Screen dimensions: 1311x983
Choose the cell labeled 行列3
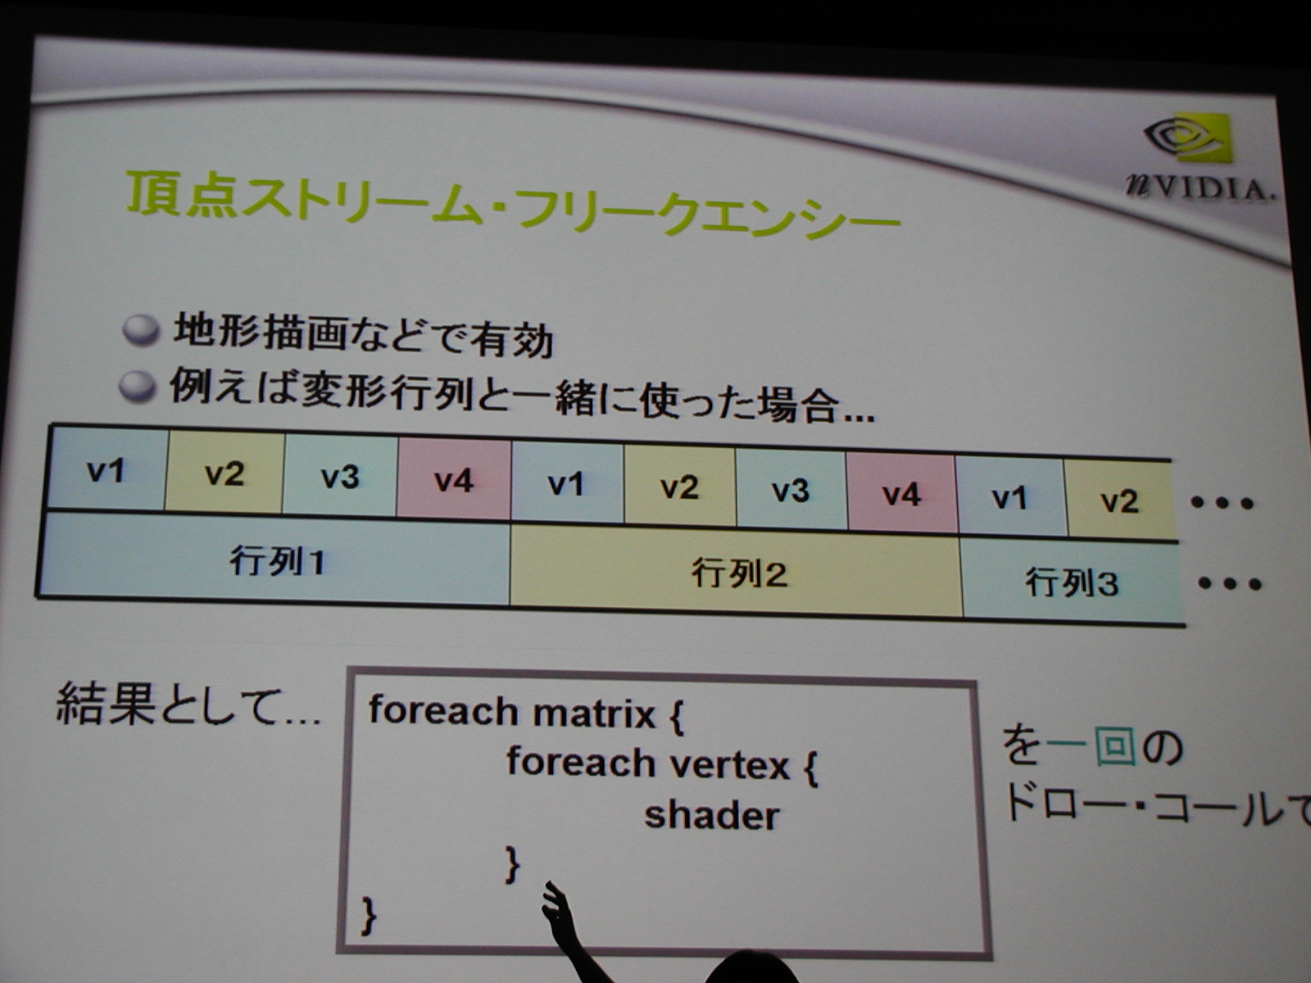(1072, 582)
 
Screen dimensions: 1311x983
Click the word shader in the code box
(711, 815)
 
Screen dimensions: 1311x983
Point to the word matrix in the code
(594, 713)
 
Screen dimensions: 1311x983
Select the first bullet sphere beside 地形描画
(141, 330)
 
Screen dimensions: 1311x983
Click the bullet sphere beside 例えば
(138, 387)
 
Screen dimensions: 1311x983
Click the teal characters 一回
(1091, 746)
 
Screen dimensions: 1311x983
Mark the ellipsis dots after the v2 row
(1222, 503)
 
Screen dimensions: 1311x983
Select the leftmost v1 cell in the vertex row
(106, 469)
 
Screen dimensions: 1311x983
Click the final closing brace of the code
(369, 916)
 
